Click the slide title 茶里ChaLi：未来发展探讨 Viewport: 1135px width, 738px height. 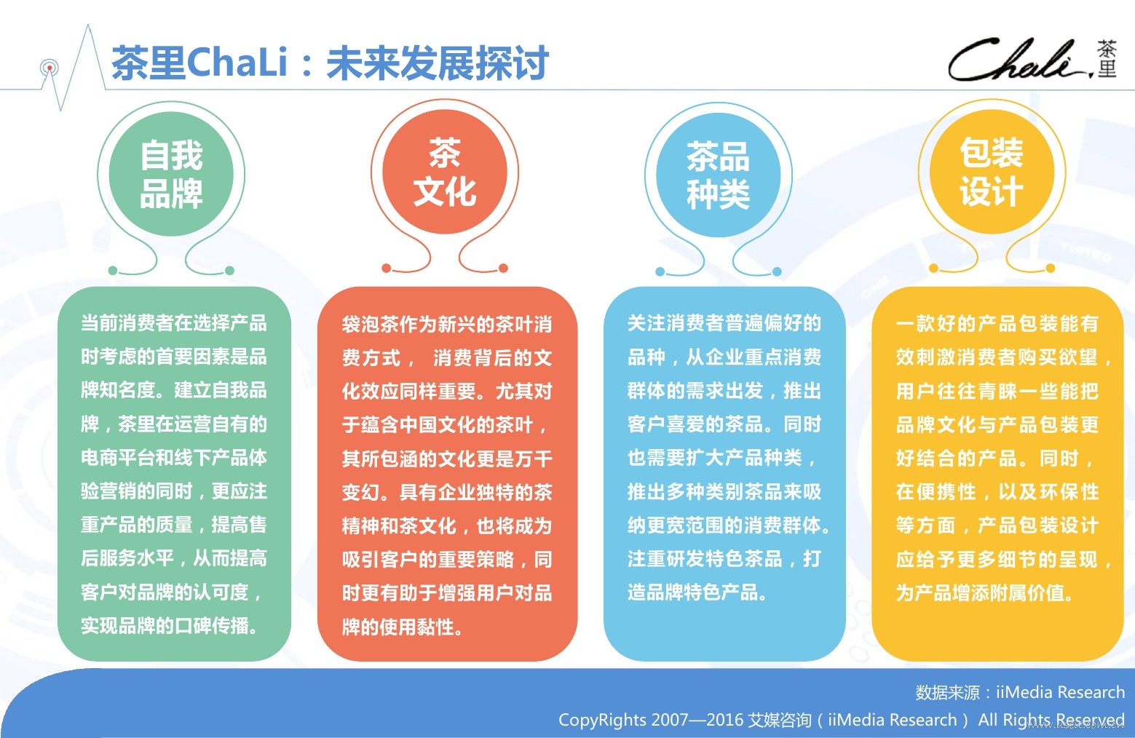click(329, 63)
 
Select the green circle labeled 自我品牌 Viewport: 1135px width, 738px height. click(171, 174)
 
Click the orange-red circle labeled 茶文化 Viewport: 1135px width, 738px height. click(445, 172)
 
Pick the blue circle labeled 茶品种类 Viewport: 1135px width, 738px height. click(719, 175)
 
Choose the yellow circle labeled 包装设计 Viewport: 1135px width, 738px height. click(992, 172)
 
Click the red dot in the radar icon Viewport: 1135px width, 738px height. click(50, 68)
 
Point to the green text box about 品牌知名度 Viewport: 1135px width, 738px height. click(174, 474)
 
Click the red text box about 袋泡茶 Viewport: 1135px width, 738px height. click(448, 474)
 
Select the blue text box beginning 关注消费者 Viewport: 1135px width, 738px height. click(724, 474)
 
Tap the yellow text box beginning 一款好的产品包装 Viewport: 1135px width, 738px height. click(997, 474)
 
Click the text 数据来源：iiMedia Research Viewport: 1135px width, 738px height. click(1020, 692)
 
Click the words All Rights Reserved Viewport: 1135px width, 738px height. click(1051, 720)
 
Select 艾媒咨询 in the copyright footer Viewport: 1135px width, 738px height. click(780, 720)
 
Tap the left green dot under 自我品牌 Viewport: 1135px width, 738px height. click(113, 270)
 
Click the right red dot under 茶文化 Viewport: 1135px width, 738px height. click(503, 268)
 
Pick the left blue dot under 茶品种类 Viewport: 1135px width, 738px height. click(660, 271)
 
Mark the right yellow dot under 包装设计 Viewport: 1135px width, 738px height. click(1051, 268)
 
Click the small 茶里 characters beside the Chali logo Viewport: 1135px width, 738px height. click(1107, 59)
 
